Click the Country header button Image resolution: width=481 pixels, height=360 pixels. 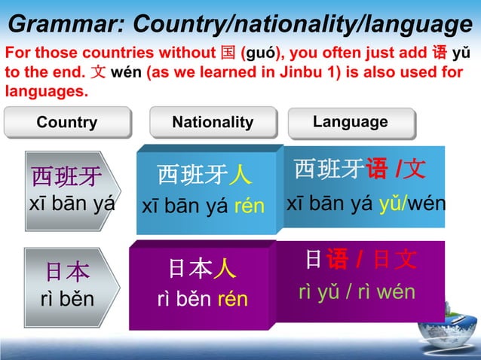67,123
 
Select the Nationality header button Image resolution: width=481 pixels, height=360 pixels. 213,123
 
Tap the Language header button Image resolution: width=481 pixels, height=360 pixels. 350,122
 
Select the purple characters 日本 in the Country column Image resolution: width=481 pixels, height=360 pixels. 66,271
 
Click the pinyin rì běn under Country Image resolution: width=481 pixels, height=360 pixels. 67,299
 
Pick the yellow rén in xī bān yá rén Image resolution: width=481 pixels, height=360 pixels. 249,206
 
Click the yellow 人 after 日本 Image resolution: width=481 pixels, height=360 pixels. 225,269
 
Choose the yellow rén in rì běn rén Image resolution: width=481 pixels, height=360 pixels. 232,299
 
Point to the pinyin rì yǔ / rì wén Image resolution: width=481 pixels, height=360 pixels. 357,291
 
